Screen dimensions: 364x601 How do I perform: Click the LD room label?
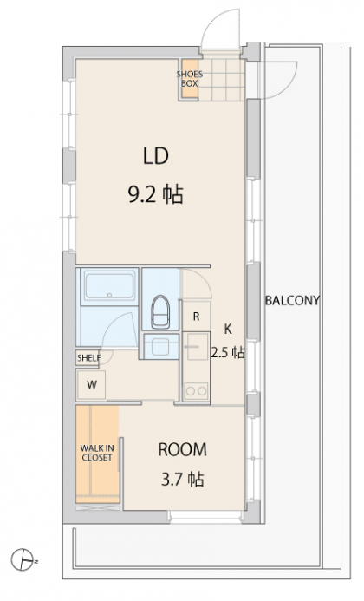(x=155, y=156)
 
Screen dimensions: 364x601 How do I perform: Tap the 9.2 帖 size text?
(x=155, y=194)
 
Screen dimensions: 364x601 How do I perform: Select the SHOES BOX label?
(x=189, y=79)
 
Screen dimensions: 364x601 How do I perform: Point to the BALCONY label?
(x=292, y=300)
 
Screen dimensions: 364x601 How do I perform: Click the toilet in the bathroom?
(x=160, y=311)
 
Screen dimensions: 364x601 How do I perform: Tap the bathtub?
(x=109, y=286)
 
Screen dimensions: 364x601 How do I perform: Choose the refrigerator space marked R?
(x=196, y=317)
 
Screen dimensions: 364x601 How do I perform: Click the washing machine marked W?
(x=92, y=384)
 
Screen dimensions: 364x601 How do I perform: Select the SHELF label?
(x=88, y=358)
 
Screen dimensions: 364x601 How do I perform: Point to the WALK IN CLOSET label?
(x=97, y=453)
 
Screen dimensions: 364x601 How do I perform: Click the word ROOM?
(x=182, y=449)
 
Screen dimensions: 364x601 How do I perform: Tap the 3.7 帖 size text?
(x=182, y=479)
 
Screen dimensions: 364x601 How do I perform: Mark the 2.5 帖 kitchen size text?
(x=228, y=352)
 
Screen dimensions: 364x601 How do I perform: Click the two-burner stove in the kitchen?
(x=196, y=391)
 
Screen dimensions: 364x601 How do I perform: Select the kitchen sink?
(x=197, y=347)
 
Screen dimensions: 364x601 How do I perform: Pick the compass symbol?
(x=23, y=560)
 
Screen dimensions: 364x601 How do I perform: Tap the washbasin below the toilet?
(x=161, y=346)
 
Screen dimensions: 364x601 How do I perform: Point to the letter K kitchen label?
(x=228, y=329)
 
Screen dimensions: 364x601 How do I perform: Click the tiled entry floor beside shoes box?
(x=222, y=80)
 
